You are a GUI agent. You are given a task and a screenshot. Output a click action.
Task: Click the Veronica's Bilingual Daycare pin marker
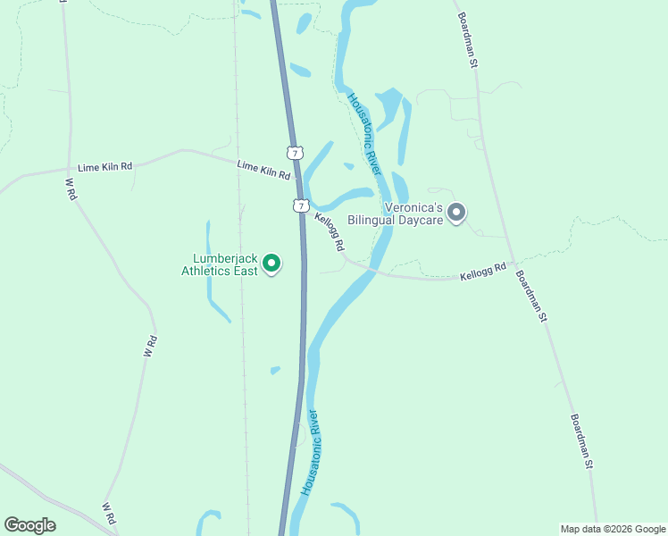pos(456,213)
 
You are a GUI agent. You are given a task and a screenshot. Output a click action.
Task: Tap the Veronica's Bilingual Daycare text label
pos(413,213)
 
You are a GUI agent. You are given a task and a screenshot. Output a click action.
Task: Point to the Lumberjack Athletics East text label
pos(220,264)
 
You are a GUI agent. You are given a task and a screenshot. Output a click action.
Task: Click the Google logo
pos(29,525)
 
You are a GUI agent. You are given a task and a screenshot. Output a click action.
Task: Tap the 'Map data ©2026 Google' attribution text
pos(613,529)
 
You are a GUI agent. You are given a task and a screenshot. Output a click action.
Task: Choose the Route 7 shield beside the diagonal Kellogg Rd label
pos(301,205)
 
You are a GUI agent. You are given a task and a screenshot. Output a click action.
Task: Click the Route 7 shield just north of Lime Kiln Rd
pos(295,152)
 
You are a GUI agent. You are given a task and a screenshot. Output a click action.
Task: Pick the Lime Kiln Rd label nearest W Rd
pos(104,167)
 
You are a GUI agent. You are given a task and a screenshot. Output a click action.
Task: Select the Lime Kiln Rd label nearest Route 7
pos(263,170)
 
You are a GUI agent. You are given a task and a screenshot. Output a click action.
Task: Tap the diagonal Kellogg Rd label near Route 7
pos(329,230)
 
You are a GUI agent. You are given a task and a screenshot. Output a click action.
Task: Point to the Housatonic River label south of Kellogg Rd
pos(310,453)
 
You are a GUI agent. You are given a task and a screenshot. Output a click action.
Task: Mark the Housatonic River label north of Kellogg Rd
pos(364,134)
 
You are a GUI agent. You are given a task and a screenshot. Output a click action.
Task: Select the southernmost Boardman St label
pos(580,440)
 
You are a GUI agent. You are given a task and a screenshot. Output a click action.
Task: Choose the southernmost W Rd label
pos(109,513)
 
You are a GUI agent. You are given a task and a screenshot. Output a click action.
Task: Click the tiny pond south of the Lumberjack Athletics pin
pos(275,370)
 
